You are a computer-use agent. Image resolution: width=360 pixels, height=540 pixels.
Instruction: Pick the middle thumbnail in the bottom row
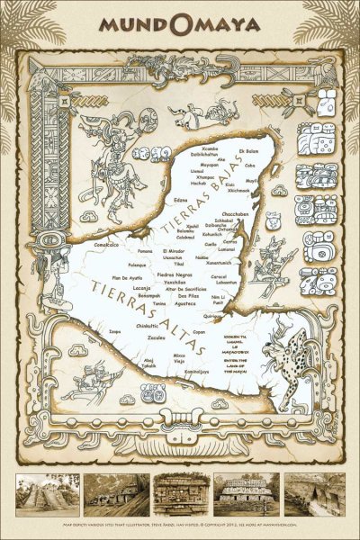pos(180,496)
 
